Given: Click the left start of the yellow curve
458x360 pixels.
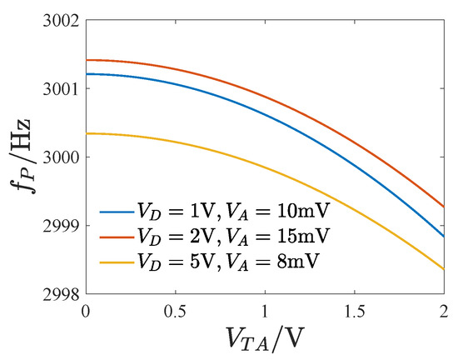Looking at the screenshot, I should point(87,133).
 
